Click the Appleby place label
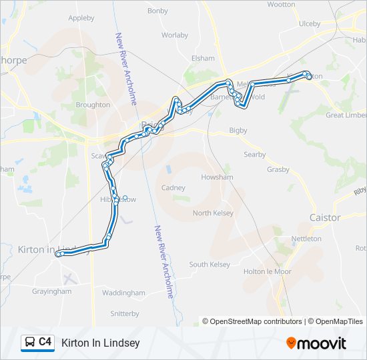pos(81,18)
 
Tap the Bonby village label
pos(157,11)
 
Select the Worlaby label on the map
pos(175,35)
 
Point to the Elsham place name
pos(203,58)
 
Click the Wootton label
pos(281,4)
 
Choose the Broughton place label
pos(93,105)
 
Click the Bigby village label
pos(238,130)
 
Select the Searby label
pos(254,155)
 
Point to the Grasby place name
pos(278,169)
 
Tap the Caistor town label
pos(325,217)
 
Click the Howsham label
pos(217,178)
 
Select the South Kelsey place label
pos(210,265)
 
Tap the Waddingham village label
pos(123,293)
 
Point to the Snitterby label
pos(124,313)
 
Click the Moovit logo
pos(316,343)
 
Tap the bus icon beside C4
pos(30,343)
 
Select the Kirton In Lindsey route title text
pos(100,343)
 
